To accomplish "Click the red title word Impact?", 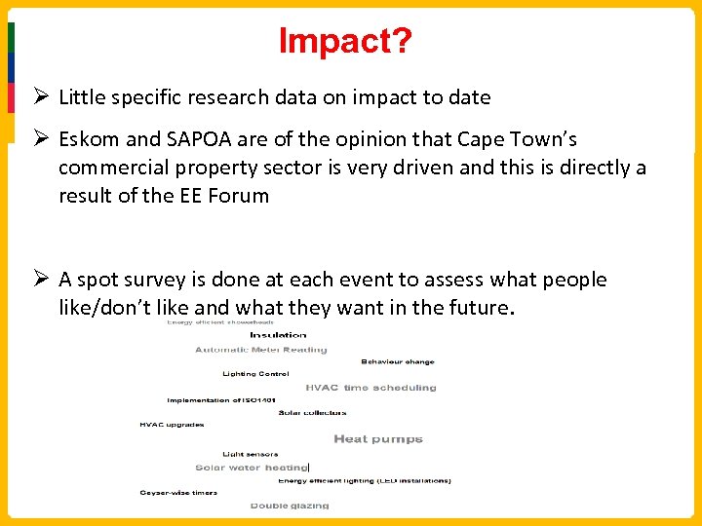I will tap(345, 41).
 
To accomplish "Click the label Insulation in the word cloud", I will tap(278, 335).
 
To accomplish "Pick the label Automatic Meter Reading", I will tap(261, 350).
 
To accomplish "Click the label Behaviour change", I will tap(398, 361).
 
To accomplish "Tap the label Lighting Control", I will tap(254, 374).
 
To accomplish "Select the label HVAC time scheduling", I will tap(370, 388).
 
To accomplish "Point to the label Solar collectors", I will tap(312, 413).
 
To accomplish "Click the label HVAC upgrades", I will tap(173, 425).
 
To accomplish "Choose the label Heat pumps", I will tap(378, 439).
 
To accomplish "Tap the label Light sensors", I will tap(250, 454).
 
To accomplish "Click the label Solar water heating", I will tap(252, 468).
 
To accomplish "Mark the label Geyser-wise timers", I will tap(177, 493).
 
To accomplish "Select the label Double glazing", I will tap(290, 506).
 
